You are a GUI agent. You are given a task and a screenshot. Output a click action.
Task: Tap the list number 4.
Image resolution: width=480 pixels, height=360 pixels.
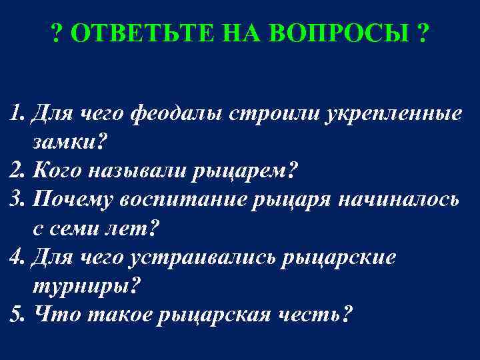[16, 257]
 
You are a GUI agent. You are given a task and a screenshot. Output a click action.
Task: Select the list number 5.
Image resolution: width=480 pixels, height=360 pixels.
[15, 314]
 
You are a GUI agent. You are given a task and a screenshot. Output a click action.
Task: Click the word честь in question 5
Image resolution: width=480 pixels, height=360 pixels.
[313, 314]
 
